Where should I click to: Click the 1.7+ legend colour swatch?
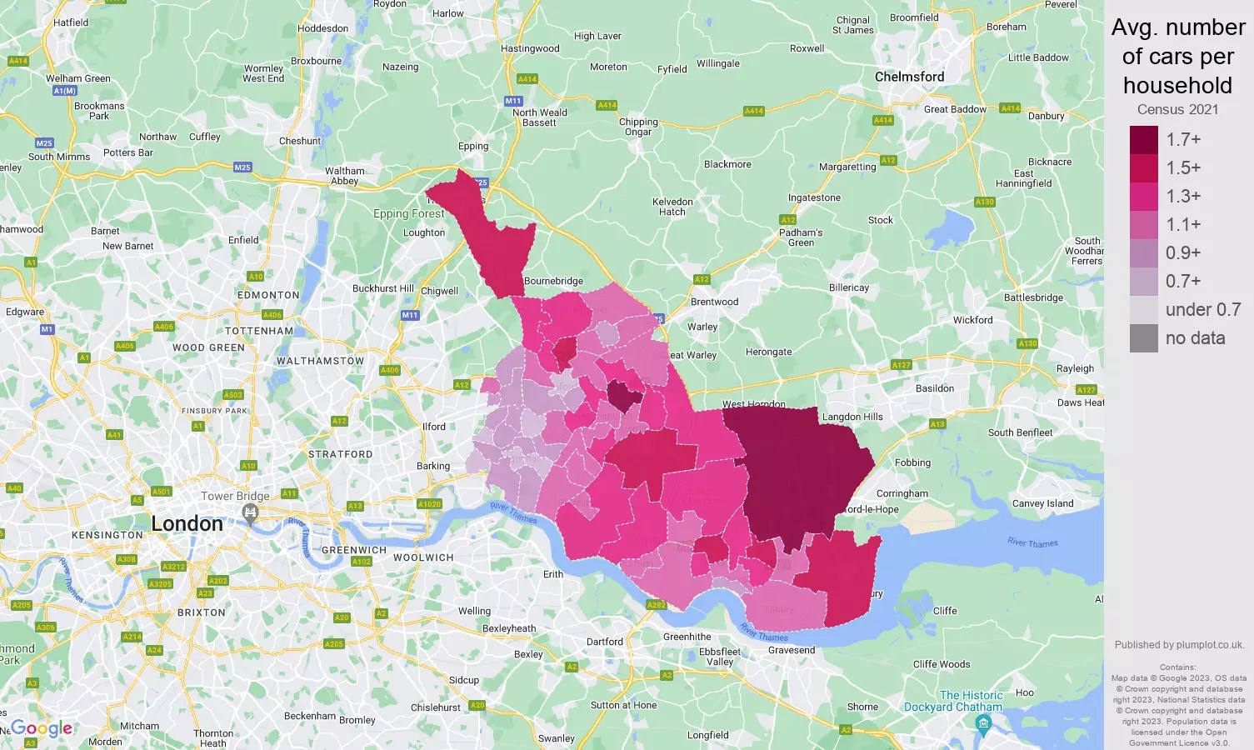[x=1143, y=140]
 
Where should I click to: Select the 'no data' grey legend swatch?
[x=1143, y=338]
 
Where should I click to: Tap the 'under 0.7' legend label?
[x=1202, y=310]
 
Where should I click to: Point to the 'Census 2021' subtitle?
[x=1177, y=109]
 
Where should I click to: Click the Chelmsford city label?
[x=909, y=77]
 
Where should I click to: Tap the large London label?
[x=187, y=523]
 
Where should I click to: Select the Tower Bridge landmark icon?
[x=251, y=515]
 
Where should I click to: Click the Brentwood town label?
[x=714, y=302]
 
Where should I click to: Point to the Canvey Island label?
[x=1042, y=503]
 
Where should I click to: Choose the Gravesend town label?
[x=791, y=650]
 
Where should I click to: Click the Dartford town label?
[x=604, y=642]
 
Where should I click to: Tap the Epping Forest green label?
[x=408, y=213]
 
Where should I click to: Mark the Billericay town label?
[x=848, y=287]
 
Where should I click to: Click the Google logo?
[x=42, y=728]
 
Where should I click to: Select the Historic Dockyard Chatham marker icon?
[x=982, y=724]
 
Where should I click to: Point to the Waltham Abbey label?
[x=344, y=176]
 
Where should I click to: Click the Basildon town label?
[x=934, y=388]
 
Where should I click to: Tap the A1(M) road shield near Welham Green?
[x=64, y=91]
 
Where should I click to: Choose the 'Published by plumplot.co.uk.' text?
[x=1178, y=645]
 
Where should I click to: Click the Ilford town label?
[x=433, y=427]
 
